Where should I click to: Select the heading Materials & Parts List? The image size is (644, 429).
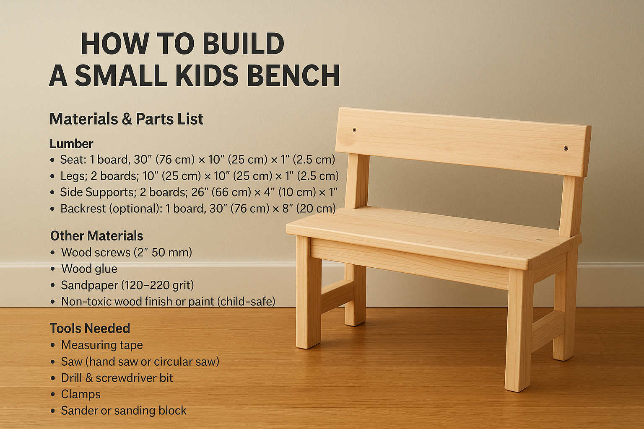pyautogui.click(x=126, y=119)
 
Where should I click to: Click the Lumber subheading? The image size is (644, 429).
pyautogui.click(x=71, y=144)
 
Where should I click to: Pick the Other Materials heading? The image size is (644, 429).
pyautogui.click(x=96, y=236)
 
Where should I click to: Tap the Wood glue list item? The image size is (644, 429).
pyautogui.click(x=89, y=269)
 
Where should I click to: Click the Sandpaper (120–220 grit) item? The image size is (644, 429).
pyautogui.click(x=127, y=285)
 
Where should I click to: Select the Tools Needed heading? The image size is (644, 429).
pyautogui.click(x=90, y=328)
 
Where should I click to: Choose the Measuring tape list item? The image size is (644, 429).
pyautogui.click(x=102, y=345)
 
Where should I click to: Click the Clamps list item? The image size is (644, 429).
pyautogui.click(x=80, y=394)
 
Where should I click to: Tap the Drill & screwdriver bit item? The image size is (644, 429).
pyautogui.click(x=117, y=378)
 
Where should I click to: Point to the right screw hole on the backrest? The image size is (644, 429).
pyautogui.click(x=566, y=148)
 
